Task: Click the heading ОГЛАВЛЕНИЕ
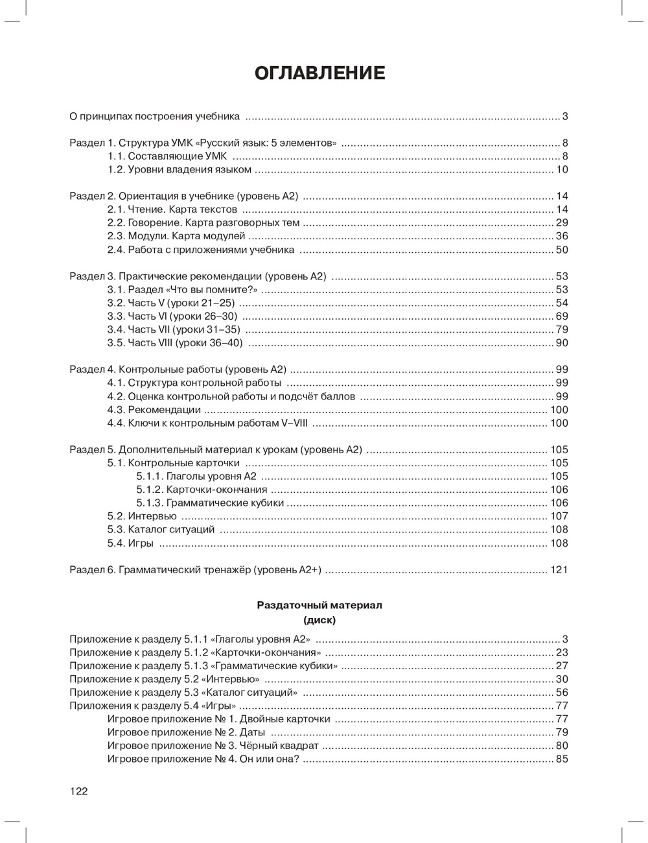pyautogui.click(x=320, y=73)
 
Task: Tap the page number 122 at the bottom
pyautogui.click(x=78, y=790)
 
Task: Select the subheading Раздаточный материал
pyautogui.click(x=319, y=605)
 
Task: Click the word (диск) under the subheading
pyautogui.click(x=319, y=619)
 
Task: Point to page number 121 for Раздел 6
pyautogui.click(x=559, y=570)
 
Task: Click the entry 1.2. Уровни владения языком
pyautogui.click(x=179, y=170)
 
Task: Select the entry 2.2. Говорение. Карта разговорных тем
pyautogui.click(x=203, y=223)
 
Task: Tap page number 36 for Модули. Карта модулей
pyautogui.click(x=562, y=236)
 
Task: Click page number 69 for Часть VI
pyautogui.click(x=562, y=316)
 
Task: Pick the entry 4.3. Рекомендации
pyautogui.click(x=154, y=410)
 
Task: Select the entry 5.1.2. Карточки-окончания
pyautogui.click(x=202, y=490)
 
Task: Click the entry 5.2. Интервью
pyautogui.click(x=142, y=516)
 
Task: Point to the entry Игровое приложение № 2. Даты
pyautogui.click(x=186, y=732)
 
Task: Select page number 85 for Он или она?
pyautogui.click(x=562, y=759)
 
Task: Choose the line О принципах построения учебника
pyautogui.click(x=154, y=117)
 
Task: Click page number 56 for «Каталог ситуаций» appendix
pyautogui.click(x=562, y=693)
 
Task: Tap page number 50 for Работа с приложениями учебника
pyautogui.click(x=562, y=250)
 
